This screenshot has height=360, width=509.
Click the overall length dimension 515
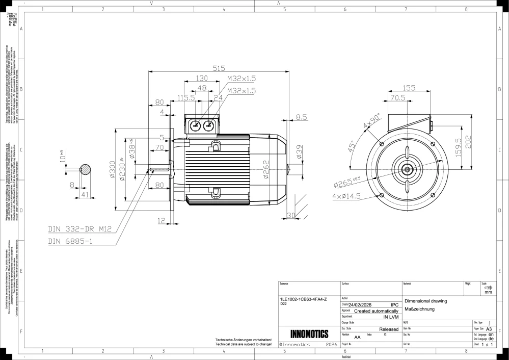click(219, 68)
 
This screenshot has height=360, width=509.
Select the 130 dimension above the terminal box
click(202, 79)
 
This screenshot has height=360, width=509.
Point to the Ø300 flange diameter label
click(112, 170)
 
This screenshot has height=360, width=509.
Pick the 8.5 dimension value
click(301, 117)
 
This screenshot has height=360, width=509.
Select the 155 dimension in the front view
click(409, 88)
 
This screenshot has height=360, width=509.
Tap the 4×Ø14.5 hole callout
click(346, 196)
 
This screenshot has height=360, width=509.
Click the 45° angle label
click(351, 147)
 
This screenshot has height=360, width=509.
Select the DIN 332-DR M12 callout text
click(79, 229)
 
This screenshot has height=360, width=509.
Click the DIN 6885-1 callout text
click(70, 241)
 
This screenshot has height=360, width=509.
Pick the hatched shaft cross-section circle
click(86, 169)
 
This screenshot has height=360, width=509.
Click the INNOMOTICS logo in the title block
click(309, 335)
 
